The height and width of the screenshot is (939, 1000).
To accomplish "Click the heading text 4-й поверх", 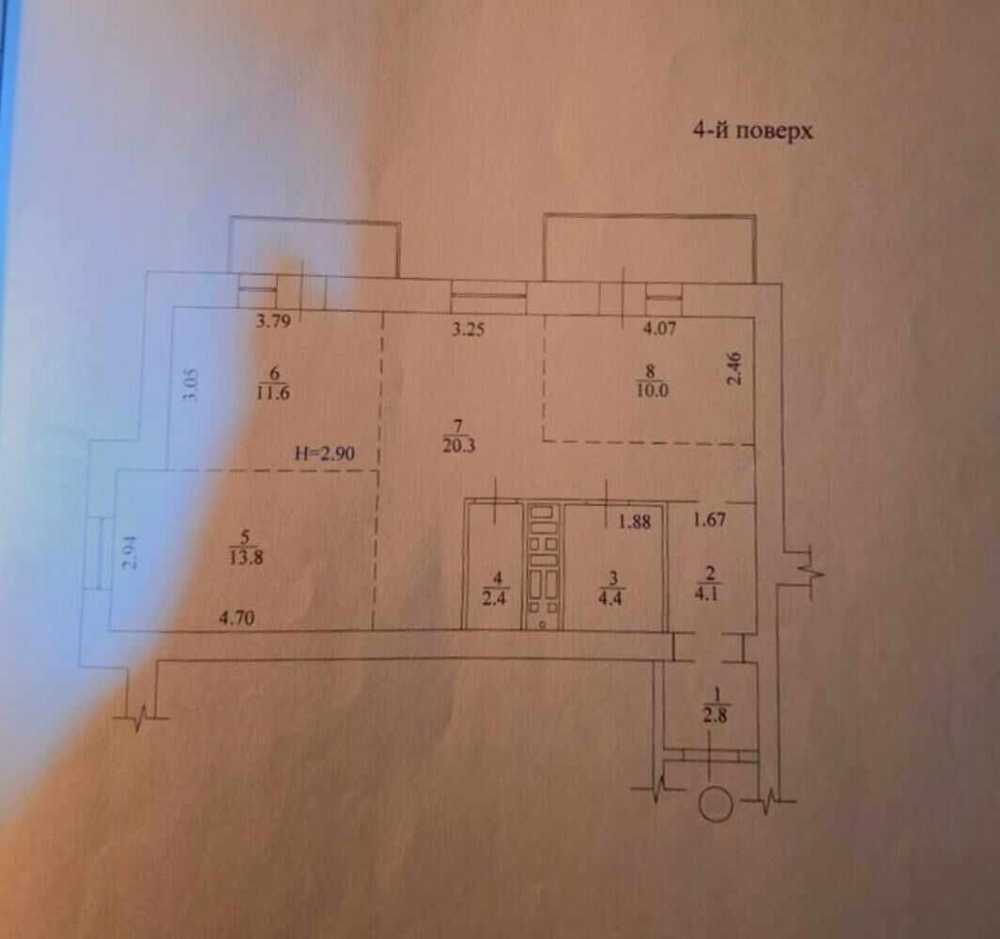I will click(x=752, y=130).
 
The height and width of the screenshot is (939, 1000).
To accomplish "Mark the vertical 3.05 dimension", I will click(x=189, y=385).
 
